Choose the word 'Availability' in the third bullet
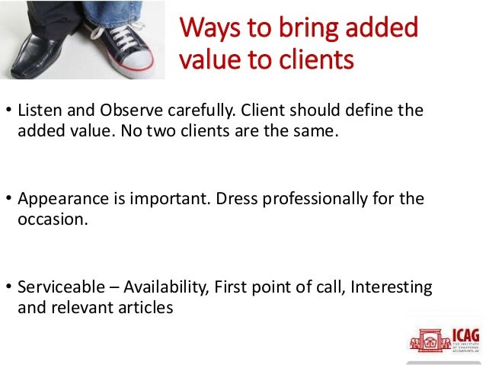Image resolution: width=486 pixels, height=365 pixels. pos(164,287)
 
